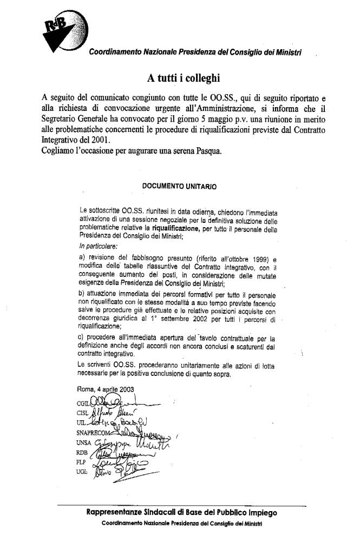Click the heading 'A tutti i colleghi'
click(179, 78)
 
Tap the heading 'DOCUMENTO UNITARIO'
click(179, 186)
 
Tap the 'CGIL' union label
click(83, 403)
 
